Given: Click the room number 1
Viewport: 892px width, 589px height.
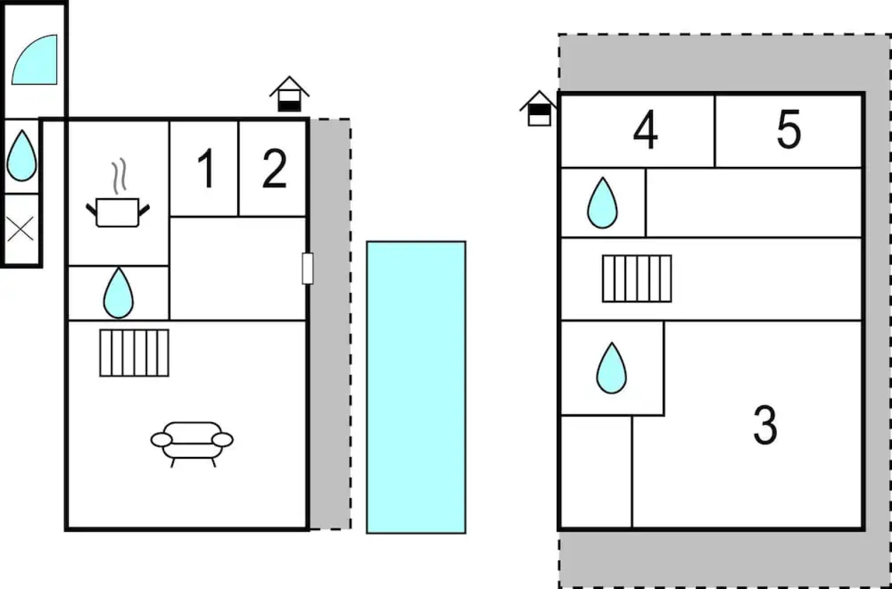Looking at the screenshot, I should (x=206, y=169).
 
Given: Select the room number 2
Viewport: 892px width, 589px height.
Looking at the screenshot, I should (x=274, y=169).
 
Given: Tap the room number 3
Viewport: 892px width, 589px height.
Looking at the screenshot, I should (x=765, y=425).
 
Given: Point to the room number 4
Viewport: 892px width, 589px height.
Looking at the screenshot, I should (x=645, y=130).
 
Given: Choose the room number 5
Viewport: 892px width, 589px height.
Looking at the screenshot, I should (x=788, y=129).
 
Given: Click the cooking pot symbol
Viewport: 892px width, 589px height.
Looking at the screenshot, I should (x=118, y=212).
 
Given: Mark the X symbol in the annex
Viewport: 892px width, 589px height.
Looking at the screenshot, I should (x=21, y=229).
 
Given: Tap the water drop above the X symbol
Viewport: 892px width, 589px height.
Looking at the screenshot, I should (x=22, y=156).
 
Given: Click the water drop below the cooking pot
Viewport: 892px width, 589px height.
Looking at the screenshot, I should (x=118, y=293).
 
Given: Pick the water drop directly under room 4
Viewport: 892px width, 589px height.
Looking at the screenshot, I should (x=602, y=203).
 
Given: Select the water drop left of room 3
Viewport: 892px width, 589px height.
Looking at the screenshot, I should (x=611, y=368).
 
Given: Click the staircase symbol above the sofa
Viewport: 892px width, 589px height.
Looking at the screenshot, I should (x=134, y=353).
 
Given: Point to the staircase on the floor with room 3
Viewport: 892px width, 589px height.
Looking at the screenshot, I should (x=637, y=279).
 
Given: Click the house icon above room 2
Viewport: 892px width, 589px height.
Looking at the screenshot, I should (x=289, y=95).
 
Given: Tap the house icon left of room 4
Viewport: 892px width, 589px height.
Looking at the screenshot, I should (x=539, y=109).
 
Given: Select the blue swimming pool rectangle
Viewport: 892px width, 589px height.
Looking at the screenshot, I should (x=416, y=387).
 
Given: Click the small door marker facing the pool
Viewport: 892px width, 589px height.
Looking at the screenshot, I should (x=308, y=268).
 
